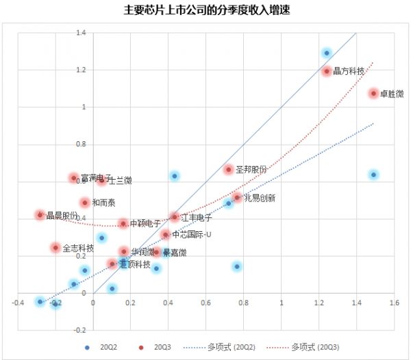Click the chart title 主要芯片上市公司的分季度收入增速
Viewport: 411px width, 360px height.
tap(205, 12)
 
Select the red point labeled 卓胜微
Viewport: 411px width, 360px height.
tap(373, 93)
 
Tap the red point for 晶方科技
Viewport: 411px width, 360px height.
tap(327, 71)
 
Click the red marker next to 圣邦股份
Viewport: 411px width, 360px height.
tap(229, 169)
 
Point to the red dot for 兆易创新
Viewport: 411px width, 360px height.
tap(237, 197)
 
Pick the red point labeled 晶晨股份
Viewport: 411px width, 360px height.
tap(40, 215)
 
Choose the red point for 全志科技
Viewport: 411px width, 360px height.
tap(55, 248)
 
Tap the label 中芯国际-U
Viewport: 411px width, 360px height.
tap(192, 235)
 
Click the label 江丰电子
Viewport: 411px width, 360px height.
tap(196, 217)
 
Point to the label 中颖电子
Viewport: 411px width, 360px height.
tap(145, 224)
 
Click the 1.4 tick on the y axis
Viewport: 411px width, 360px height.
tap(81, 32)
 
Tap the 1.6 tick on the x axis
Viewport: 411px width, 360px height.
tap(393, 302)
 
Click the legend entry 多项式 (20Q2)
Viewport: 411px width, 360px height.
tap(229, 348)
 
